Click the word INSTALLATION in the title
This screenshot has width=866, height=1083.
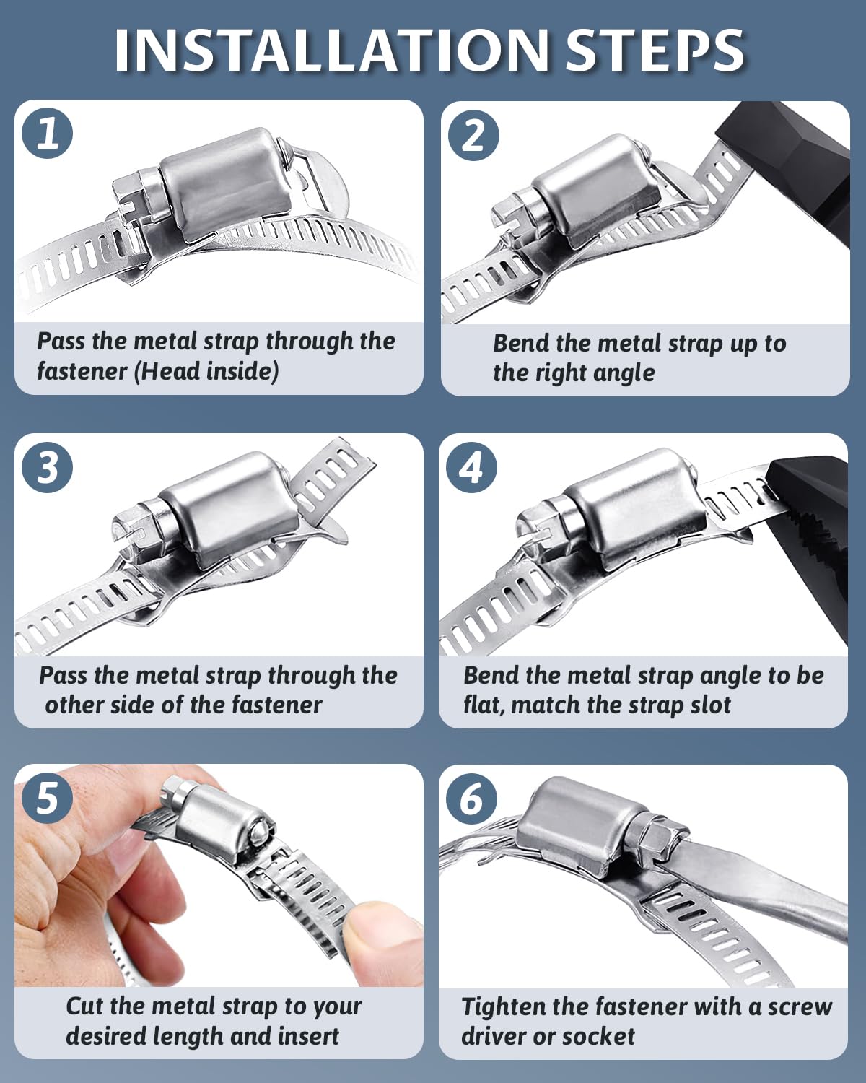[331, 51]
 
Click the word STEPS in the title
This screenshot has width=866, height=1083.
[656, 51]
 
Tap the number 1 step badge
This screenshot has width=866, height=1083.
[48, 134]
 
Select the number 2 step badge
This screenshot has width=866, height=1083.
[473, 135]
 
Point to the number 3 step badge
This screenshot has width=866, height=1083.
[48, 467]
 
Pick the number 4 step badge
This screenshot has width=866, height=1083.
[471, 467]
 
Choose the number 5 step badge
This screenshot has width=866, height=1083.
[48, 799]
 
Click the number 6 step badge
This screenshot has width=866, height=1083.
[471, 799]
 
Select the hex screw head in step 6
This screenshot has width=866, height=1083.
[661, 838]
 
